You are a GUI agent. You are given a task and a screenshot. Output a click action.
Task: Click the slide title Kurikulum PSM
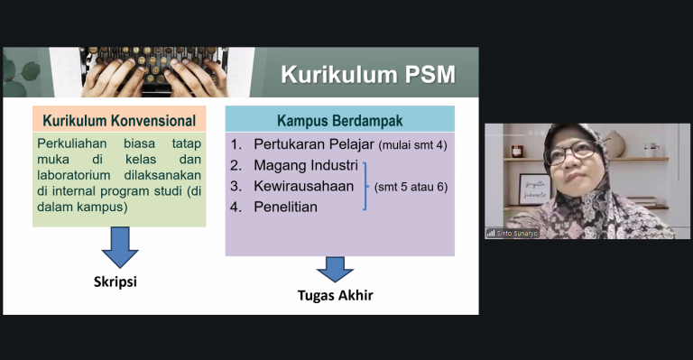(368, 74)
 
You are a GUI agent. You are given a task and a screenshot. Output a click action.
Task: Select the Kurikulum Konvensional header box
(119, 119)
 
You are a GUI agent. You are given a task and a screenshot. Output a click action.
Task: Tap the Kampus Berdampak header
(340, 119)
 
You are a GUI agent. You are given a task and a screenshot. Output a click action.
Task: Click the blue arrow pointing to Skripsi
(120, 247)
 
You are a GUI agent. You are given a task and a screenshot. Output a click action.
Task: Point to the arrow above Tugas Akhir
(335, 270)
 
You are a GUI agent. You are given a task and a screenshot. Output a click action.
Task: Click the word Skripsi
(115, 282)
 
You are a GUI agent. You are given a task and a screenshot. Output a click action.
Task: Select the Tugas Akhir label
(335, 295)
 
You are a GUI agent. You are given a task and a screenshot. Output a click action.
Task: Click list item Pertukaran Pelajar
(314, 144)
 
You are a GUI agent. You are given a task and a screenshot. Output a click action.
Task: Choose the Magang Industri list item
(306, 165)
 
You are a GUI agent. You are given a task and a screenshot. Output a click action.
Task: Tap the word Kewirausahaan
(303, 186)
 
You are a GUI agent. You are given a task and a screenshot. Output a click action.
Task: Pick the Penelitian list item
(285, 207)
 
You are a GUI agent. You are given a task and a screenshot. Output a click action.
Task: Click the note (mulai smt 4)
(412, 145)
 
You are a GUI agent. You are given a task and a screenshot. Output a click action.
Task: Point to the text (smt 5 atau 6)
(411, 187)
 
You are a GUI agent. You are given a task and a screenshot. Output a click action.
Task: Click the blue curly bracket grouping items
(365, 186)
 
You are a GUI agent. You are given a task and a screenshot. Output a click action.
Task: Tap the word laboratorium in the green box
(74, 175)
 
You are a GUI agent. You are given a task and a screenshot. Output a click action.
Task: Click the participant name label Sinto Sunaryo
(517, 233)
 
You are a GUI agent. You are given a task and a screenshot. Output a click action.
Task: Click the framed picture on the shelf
(534, 189)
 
